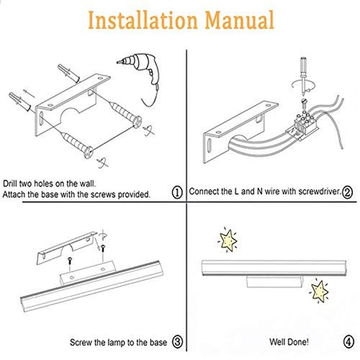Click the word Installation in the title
click(143, 20)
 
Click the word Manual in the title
click(240, 20)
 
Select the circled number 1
click(178, 192)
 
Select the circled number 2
click(348, 192)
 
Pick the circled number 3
click(178, 341)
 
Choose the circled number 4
click(348, 342)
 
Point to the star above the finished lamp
click(228, 240)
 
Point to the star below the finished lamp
click(319, 291)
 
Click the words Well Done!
click(289, 342)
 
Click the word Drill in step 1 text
click(10, 184)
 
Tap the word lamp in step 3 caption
click(117, 342)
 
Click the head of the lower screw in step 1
click(89, 152)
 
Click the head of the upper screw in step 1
click(138, 122)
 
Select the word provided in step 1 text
click(134, 194)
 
